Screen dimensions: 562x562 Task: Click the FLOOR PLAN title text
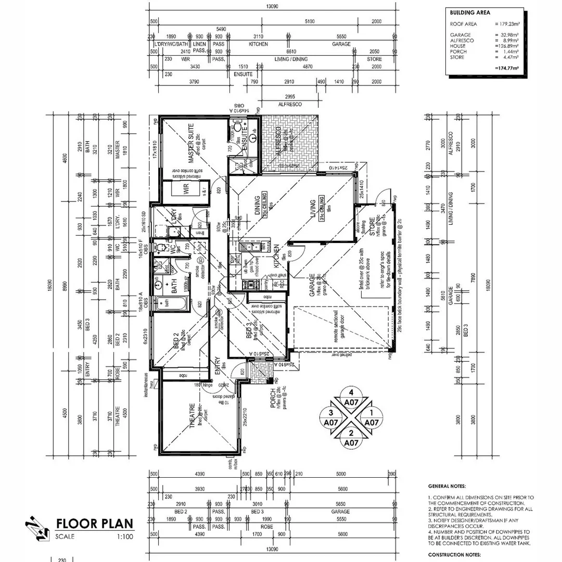coord(94,523)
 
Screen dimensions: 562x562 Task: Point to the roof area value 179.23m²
coord(508,24)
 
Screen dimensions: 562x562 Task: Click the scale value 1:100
coord(125,536)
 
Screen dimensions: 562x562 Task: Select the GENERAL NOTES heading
coord(447,486)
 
